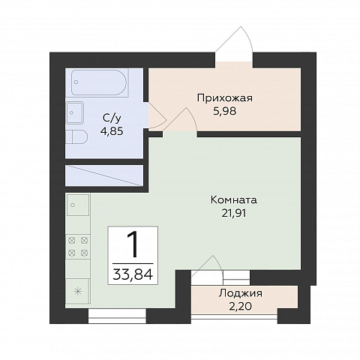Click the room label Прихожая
(225, 98)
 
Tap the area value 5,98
(224, 111)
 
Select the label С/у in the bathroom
(112, 118)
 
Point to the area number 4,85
(112, 131)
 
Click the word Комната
(234, 200)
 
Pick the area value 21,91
(234, 213)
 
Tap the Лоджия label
(241, 293)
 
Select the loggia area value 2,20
(241, 306)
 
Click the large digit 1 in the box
(133, 244)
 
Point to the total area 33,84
(133, 274)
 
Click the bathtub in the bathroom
(100, 82)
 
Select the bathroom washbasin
(74, 112)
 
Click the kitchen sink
(78, 205)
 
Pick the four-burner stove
(78, 247)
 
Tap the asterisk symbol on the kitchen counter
(78, 292)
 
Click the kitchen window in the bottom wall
(117, 316)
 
